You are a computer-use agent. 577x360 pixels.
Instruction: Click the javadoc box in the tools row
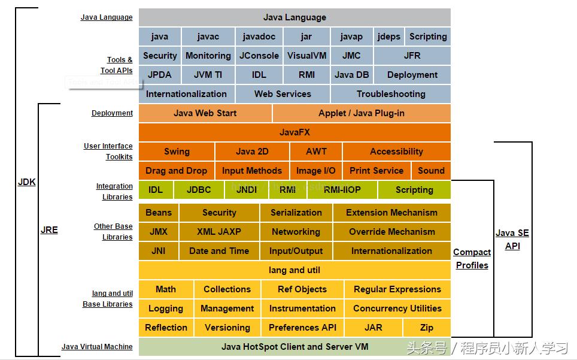coord(259,37)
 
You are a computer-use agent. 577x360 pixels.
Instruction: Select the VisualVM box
coord(306,56)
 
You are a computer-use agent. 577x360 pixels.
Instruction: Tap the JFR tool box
coord(412,56)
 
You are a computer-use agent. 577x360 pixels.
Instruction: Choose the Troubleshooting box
coord(391,94)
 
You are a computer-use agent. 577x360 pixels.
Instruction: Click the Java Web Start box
coord(205,113)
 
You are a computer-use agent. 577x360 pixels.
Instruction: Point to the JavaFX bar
coord(294,132)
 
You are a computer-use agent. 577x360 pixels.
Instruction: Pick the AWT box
coord(316,152)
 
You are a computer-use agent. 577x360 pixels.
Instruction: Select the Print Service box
coord(376,171)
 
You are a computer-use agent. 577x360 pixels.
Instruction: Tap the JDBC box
coord(199,190)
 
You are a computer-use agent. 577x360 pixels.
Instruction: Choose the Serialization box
coord(296,213)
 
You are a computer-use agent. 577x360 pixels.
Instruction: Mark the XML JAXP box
coord(219,232)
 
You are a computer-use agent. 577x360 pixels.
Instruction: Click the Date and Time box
coord(219,251)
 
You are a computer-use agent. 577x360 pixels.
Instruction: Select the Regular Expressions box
coord(397,289)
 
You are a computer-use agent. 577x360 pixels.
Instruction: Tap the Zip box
coord(427,328)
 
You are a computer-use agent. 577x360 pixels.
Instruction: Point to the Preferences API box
coord(302,328)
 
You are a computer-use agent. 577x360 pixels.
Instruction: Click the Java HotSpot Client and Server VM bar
coord(294,347)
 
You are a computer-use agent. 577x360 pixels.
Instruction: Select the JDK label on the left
coord(26,182)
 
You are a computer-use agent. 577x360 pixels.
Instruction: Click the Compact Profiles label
coord(472,259)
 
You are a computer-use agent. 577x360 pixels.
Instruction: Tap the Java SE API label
coord(512,240)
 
